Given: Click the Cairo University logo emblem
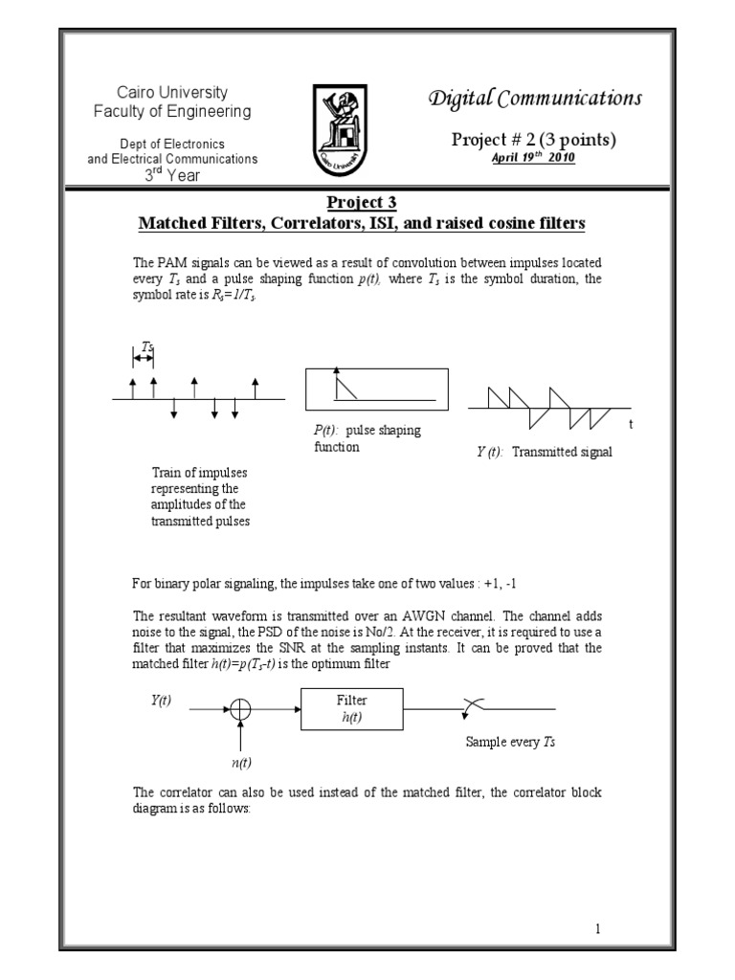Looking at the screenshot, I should [x=343, y=127].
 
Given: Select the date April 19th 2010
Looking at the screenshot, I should [x=533, y=158].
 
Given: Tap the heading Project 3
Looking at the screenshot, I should [x=363, y=202].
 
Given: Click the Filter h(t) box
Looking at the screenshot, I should [x=351, y=709].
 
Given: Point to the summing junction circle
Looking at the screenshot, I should [x=240, y=709].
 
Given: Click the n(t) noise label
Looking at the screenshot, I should [x=240, y=763].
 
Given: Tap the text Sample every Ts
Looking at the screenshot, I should [x=510, y=742].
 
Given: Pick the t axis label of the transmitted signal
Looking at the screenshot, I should [x=631, y=422].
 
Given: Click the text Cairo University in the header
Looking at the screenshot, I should [x=172, y=93].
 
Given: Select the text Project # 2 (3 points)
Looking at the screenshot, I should [x=534, y=140].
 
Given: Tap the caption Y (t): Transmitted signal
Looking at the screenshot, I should [x=544, y=453].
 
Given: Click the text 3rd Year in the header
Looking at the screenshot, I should [x=172, y=175].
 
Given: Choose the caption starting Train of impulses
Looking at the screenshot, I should [x=199, y=497].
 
